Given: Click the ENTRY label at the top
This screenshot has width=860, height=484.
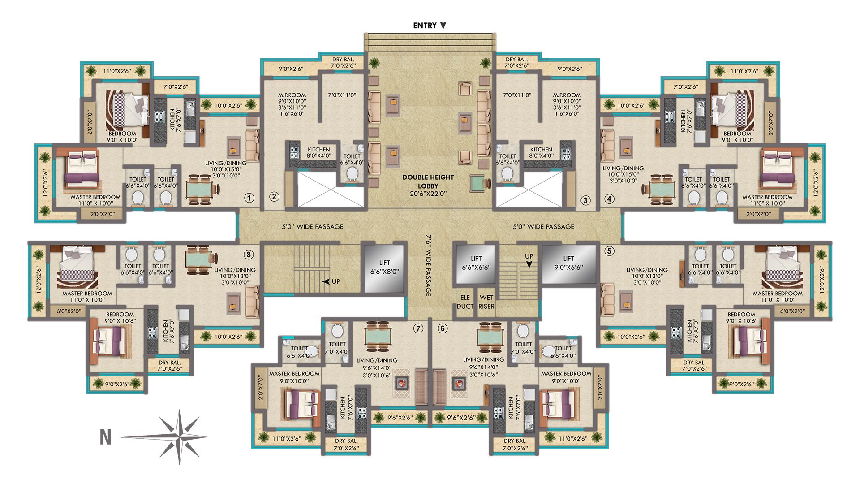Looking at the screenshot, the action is (x=425, y=26).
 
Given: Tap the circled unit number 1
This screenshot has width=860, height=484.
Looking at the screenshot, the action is (x=249, y=198).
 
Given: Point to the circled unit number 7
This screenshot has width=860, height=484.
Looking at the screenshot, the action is (x=418, y=329).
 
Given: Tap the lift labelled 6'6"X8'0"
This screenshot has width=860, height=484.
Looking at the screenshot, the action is (x=384, y=268).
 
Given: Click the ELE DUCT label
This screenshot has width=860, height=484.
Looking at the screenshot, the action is (x=465, y=302).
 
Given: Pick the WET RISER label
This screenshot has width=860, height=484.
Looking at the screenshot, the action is (x=486, y=302).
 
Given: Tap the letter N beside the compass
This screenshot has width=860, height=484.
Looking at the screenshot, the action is (x=105, y=437).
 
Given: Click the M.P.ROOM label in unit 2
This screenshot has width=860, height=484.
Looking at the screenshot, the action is (x=292, y=95).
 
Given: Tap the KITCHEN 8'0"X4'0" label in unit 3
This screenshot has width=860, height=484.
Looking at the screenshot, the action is (x=541, y=153).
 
